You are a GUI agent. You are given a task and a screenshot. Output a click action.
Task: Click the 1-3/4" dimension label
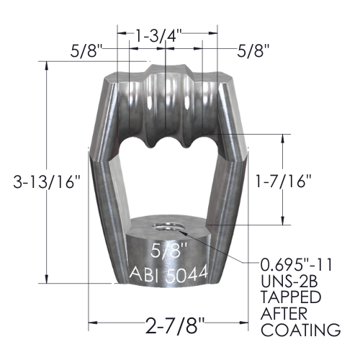pyautogui.click(x=158, y=35)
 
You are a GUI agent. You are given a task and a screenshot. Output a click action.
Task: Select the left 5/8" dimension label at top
pyautogui.click(x=86, y=51)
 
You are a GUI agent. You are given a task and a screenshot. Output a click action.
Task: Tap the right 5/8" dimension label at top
pyautogui.click(x=253, y=51)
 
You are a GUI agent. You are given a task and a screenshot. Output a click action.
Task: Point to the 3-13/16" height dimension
pyautogui.click(x=46, y=181)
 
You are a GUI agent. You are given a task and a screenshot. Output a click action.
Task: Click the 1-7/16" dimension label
pyautogui.click(x=283, y=181)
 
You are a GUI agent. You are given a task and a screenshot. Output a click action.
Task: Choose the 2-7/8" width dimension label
pyautogui.click(x=175, y=325)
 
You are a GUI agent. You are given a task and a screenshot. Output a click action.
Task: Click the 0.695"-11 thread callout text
pyautogui.click(x=297, y=265)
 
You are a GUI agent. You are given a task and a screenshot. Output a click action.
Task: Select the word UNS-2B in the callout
pyautogui.click(x=289, y=281)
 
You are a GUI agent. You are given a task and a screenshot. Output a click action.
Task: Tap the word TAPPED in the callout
pyautogui.click(x=291, y=297)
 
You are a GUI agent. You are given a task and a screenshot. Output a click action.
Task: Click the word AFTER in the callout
pyautogui.click(x=284, y=313)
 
